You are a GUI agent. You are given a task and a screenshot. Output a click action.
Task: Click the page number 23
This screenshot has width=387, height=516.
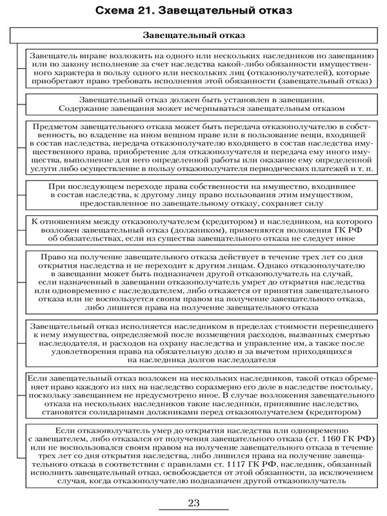[193, 503]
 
